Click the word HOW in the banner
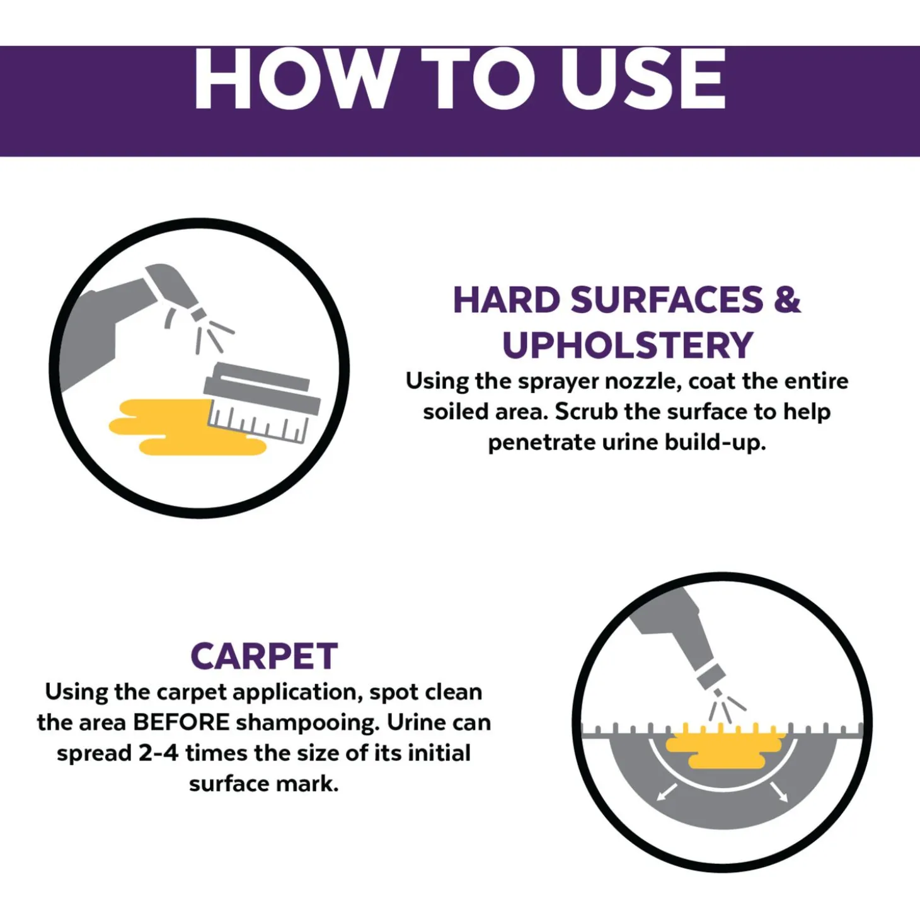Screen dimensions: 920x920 click(x=295, y=79)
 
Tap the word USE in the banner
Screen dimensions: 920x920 click(x=643, y=79)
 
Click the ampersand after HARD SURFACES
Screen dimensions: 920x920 click(x=787, y=300)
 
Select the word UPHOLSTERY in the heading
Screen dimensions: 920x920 click(x=628, y=345)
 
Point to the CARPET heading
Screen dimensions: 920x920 click(x=264, y=656)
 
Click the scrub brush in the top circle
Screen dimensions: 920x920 click(x=262, y=402)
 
